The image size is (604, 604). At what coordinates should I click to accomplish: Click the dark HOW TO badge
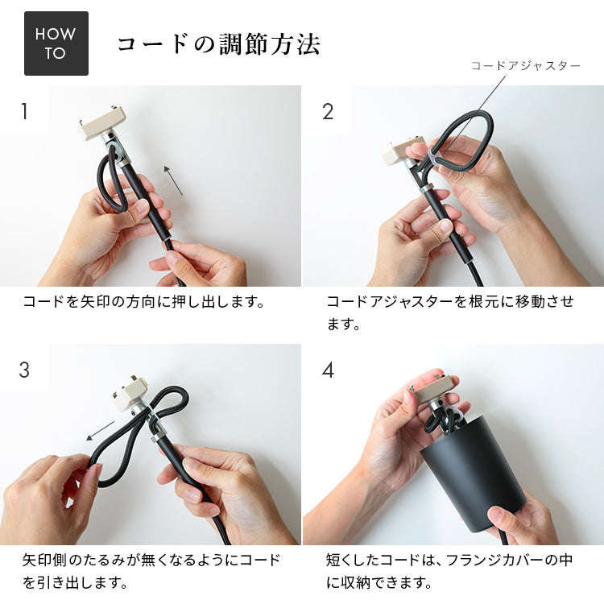56,43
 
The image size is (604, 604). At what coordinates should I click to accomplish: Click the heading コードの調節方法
218,44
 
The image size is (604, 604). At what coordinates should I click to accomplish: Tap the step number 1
24,111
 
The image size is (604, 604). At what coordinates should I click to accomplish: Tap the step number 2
328,111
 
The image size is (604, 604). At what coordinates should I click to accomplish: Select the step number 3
24,370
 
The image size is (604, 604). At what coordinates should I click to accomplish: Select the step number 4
328,370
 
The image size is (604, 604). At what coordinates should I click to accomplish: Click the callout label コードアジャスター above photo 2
525,66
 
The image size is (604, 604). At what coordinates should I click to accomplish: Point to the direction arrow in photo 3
100,430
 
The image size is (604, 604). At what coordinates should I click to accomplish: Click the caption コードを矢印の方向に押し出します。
144,303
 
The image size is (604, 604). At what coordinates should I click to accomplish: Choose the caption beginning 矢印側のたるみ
151,569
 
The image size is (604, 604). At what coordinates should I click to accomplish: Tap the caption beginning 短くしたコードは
449,569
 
